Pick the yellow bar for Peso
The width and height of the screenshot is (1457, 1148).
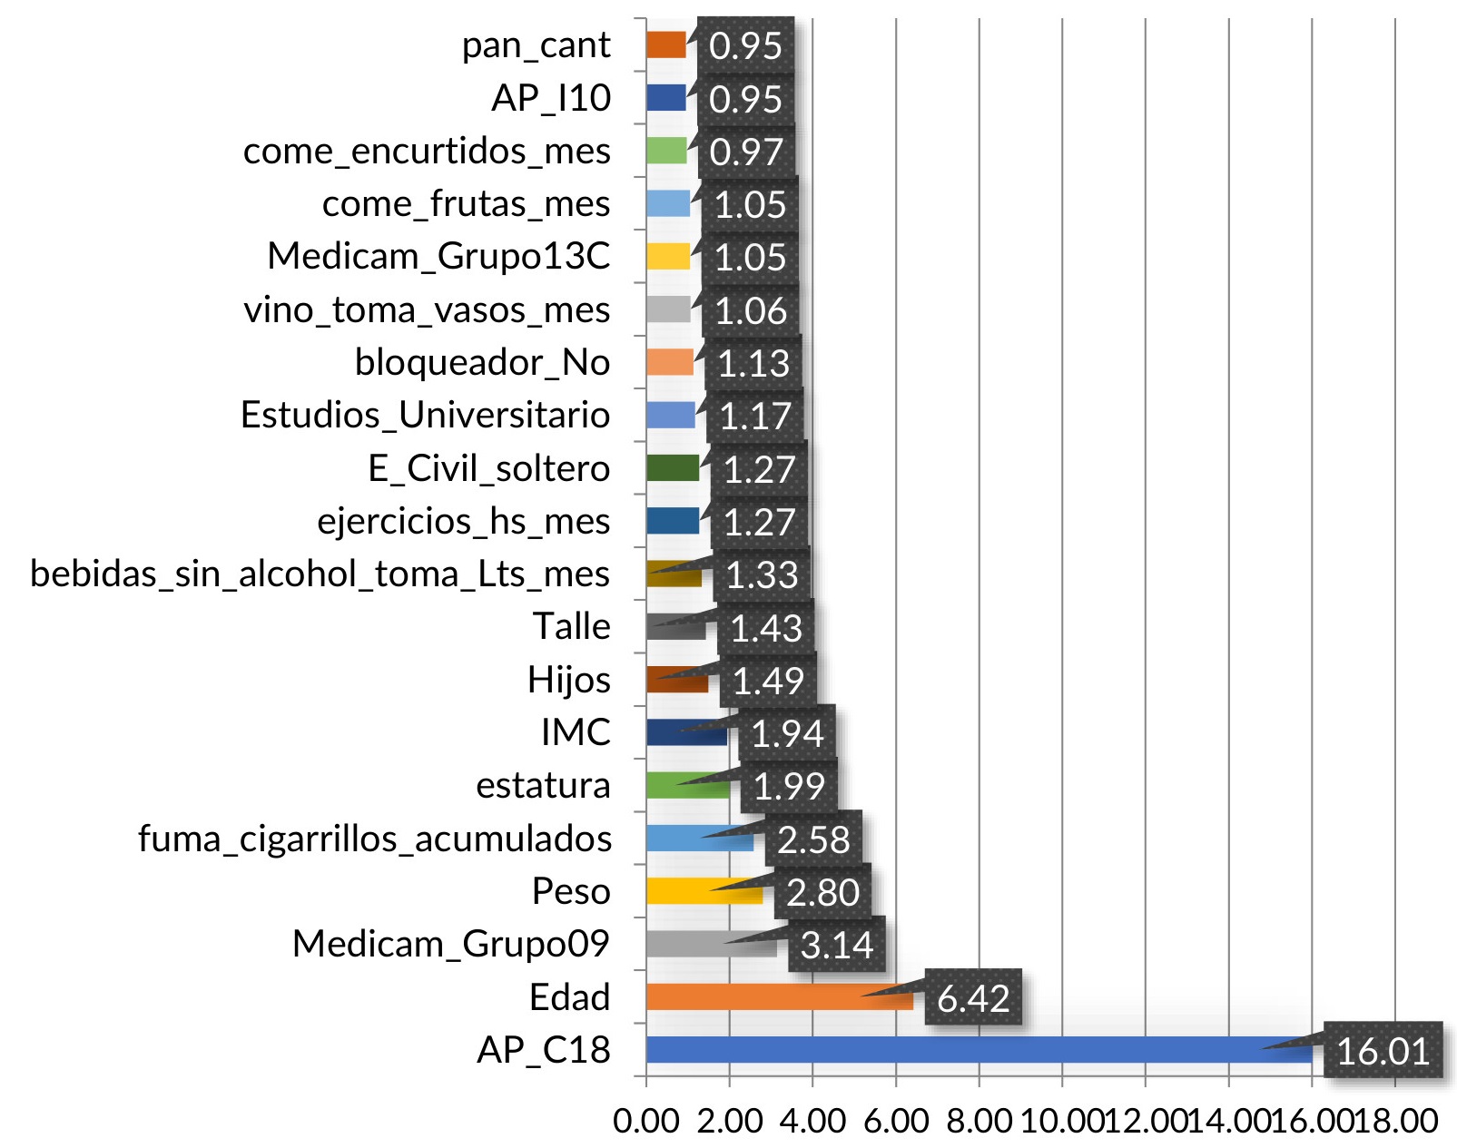click(690, 891)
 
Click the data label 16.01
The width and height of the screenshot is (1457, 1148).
click(1383, 1051)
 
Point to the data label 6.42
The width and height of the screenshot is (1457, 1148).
click(973, 998)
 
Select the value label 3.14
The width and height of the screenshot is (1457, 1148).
click(836, 945)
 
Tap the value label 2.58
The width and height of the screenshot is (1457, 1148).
click(812, 839)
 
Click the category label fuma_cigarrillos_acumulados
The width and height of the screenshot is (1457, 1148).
click(374, 839)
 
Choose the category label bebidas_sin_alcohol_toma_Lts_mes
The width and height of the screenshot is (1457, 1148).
click(320, 574)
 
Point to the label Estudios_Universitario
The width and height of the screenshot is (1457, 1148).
click(425, 415)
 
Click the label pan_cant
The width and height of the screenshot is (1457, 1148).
click(536, 45)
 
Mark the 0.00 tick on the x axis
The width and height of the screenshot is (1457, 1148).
click(645, 1121)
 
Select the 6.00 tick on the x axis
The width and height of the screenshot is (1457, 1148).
click(895, 1121)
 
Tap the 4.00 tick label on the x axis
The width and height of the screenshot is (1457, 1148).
click(812, 1121)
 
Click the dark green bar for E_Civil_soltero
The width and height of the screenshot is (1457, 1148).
click(673, 468)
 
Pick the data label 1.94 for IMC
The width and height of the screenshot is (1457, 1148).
click(786, 733)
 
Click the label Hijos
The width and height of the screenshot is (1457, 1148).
click(569, 680)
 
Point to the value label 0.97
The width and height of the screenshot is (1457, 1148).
click(745, 152)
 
